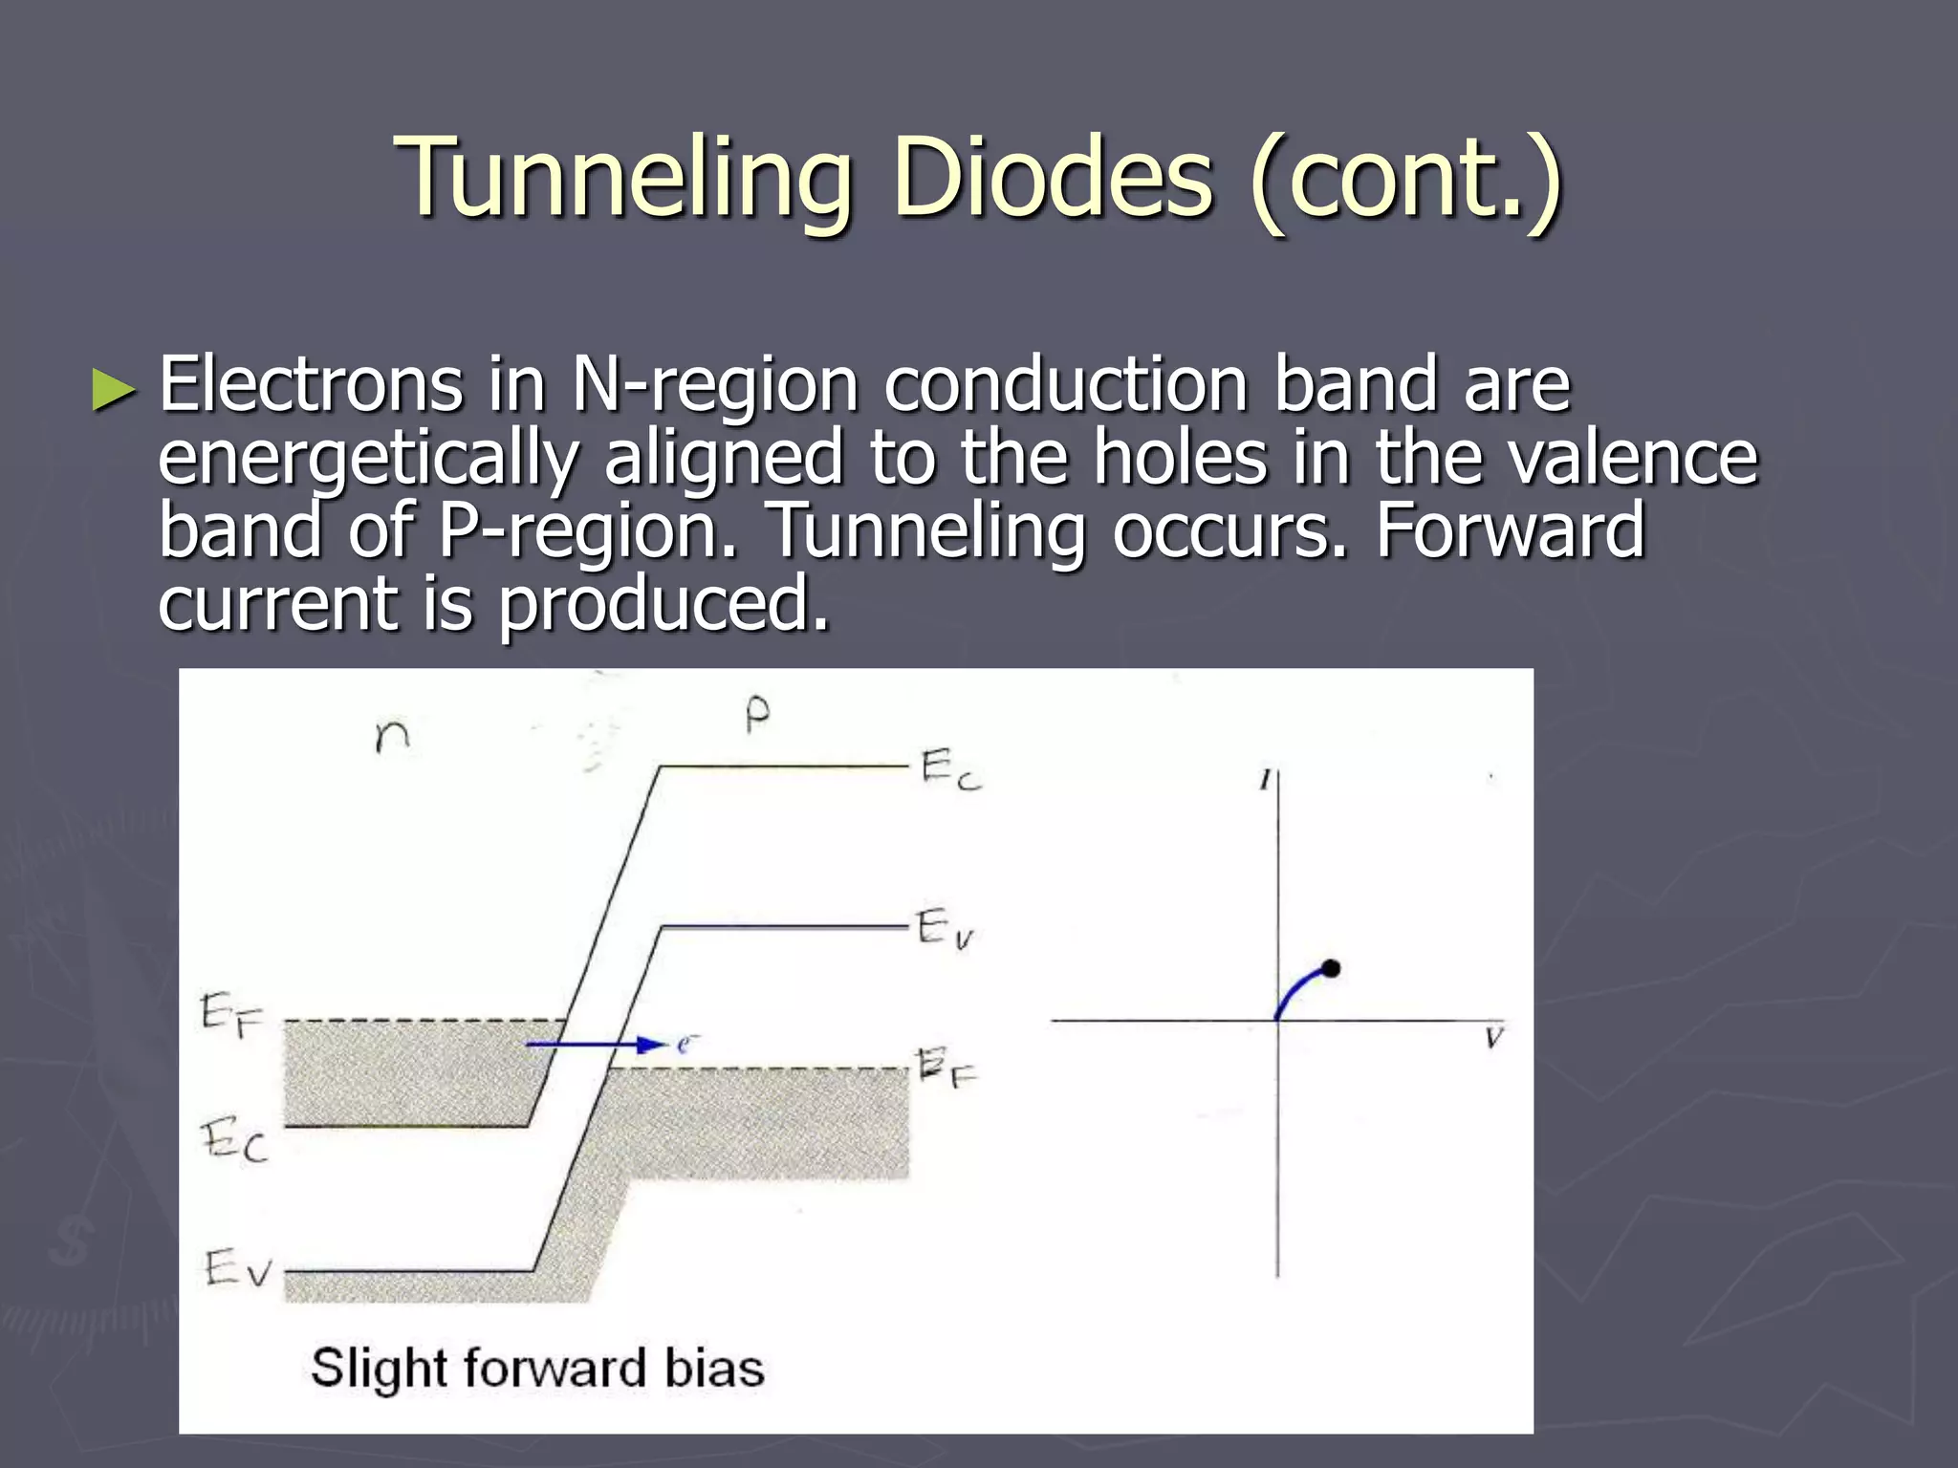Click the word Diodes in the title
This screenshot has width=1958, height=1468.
[x=1052, y=177]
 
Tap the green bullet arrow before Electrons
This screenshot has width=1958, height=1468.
[x=114, y=390]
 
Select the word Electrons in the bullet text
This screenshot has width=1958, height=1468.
[x=311, y=384]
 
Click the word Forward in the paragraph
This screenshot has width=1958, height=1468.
[x=1511, y=529]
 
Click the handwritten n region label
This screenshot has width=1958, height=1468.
[x=392, y=736]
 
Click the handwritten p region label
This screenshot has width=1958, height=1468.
[x=756, y=715]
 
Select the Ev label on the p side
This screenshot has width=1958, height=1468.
[x=945, y=928]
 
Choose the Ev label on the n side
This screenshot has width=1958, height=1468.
[x=237, y=1269]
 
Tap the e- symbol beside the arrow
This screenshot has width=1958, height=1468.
[x=685, y=1044]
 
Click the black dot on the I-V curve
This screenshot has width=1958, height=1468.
[x=1330, y=969]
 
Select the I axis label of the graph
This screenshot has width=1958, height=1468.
[x=1264, y=781]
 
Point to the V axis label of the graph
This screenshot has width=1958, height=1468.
[x=1494, y=1038]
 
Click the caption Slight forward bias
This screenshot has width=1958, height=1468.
[x=537, y=1368]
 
